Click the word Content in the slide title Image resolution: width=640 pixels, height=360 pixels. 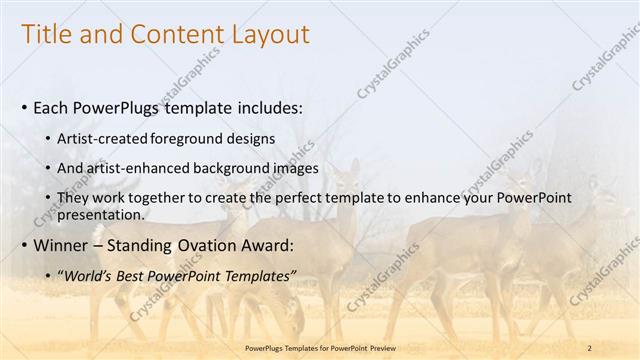coord(170,35)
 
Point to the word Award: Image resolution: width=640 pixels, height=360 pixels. coord(268,245)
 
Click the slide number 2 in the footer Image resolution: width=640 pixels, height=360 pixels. coord(589,347)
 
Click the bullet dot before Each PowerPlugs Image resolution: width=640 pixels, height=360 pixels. coord(24,107)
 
